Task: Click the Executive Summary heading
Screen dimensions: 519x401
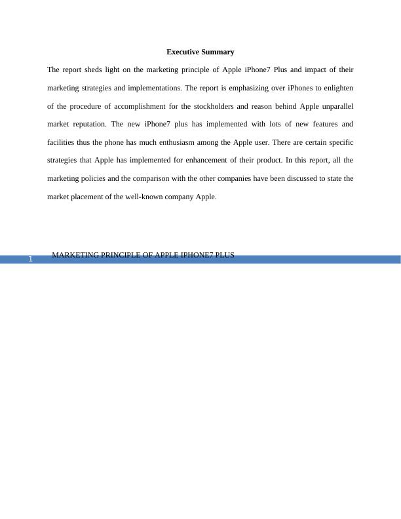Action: coord(200,52)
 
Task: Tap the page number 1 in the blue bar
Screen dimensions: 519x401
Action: coord(30,261)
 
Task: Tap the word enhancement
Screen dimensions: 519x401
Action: coord(207,160)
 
